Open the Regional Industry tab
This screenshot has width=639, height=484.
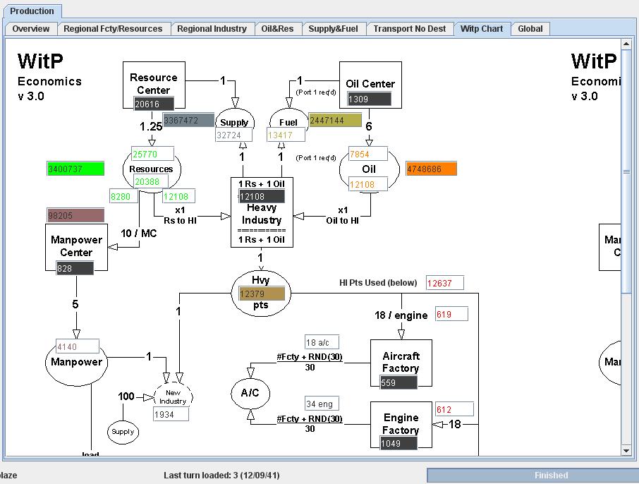pos(212,29)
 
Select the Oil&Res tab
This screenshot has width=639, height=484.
pos(277,29)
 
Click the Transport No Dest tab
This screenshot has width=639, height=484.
pos(409,29)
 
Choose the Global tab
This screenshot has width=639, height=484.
pos(530,29)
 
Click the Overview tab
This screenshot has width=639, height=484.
pos(31,29)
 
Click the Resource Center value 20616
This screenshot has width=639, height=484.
pos(153,104)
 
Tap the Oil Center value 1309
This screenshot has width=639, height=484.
pos(369,99)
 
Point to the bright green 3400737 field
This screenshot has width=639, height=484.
pos(75,169)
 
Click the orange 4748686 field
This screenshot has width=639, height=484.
pos(431,169)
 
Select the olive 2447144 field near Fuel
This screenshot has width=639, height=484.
pos(334,121)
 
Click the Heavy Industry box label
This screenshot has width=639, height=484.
pos(261,214)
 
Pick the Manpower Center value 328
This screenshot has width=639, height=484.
pos(75,268)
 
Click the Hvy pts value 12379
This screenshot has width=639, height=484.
pos(262,294)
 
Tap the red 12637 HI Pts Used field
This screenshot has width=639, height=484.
pos(444,283)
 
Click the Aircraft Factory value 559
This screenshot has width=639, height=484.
pos(398,382)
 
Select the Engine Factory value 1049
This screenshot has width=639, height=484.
pos(398,443)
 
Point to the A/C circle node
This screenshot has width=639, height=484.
pos(250,393)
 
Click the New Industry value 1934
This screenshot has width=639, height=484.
pos(171,414)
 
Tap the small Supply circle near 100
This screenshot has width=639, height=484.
pos(123,431)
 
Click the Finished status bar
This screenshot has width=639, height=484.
pos(551,476)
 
